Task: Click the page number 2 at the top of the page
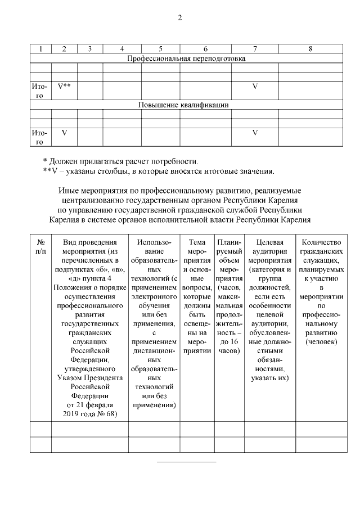(180, 17)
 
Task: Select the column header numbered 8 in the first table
(310, 49)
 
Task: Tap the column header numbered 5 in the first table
(160, 49)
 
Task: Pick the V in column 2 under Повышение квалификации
(64, 133)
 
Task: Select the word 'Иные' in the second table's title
(67, 191)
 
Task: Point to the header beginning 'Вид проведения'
(89, 241)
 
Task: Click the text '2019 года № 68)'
(89, 413)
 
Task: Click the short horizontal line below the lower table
(186, 462)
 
